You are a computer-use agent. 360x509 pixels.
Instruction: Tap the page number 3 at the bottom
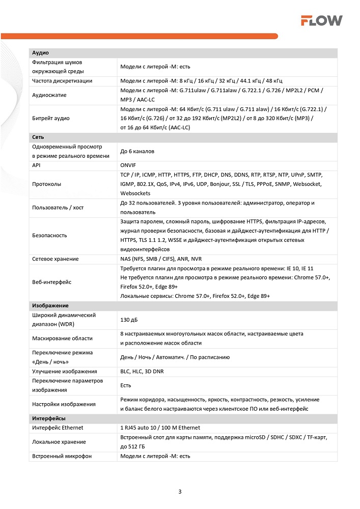pos(180,492)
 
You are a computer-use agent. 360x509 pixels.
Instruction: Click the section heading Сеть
pos(39,137)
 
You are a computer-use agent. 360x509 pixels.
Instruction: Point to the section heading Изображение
pos(50,305)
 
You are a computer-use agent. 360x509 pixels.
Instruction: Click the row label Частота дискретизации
pos(62,81)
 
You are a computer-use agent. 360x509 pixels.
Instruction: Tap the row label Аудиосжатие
pos(49,95)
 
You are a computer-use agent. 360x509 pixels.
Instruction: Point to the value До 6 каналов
pos(137,151)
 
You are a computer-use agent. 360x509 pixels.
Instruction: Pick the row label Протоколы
pos(46,184)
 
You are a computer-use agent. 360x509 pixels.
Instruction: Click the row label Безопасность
pos(49,235)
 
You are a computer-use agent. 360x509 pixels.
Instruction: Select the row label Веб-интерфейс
pos(51,281)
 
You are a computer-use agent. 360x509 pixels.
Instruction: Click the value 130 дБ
pos(129,320)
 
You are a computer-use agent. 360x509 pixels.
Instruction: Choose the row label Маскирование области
pos(62,338)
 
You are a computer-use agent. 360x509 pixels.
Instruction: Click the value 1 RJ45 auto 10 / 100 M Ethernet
pos(160,428)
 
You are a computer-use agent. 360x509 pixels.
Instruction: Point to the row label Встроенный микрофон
pos(62,456)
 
